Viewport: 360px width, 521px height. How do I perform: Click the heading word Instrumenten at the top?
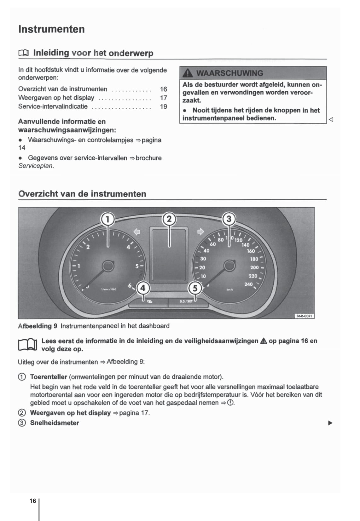coord(51,29)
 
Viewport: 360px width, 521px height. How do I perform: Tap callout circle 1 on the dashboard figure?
coord(107,219)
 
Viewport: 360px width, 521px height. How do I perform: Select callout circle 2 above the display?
coord(169,219)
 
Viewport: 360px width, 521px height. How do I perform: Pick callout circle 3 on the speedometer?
coord(229,219)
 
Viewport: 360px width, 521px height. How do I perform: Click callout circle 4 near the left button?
coord(143,288)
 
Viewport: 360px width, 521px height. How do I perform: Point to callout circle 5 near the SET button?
coord(195,288)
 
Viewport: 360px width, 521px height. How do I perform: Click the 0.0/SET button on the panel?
coord(186,301)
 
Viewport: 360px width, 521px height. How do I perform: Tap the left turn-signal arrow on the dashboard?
coord(137,232)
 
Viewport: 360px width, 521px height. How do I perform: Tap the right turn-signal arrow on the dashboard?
coord(200,232)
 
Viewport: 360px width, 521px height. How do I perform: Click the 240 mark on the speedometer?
coord(248,284)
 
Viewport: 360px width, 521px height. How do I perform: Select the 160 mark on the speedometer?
coord(251,251)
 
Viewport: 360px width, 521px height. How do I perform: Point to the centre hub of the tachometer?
coord(108,266)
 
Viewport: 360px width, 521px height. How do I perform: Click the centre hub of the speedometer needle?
coord(229,266)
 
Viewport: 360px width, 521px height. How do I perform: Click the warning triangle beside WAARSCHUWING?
coord(188,73)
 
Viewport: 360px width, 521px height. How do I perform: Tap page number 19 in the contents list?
coord(163,106)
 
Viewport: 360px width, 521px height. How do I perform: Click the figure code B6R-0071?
coord(305,316)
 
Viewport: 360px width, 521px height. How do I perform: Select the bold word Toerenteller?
coord(49,377)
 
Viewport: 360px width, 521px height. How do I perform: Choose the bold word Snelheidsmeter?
coord(55,423)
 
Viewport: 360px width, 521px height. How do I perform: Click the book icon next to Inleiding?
coord(24,53)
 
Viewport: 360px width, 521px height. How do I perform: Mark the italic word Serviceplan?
coord(36,166)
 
